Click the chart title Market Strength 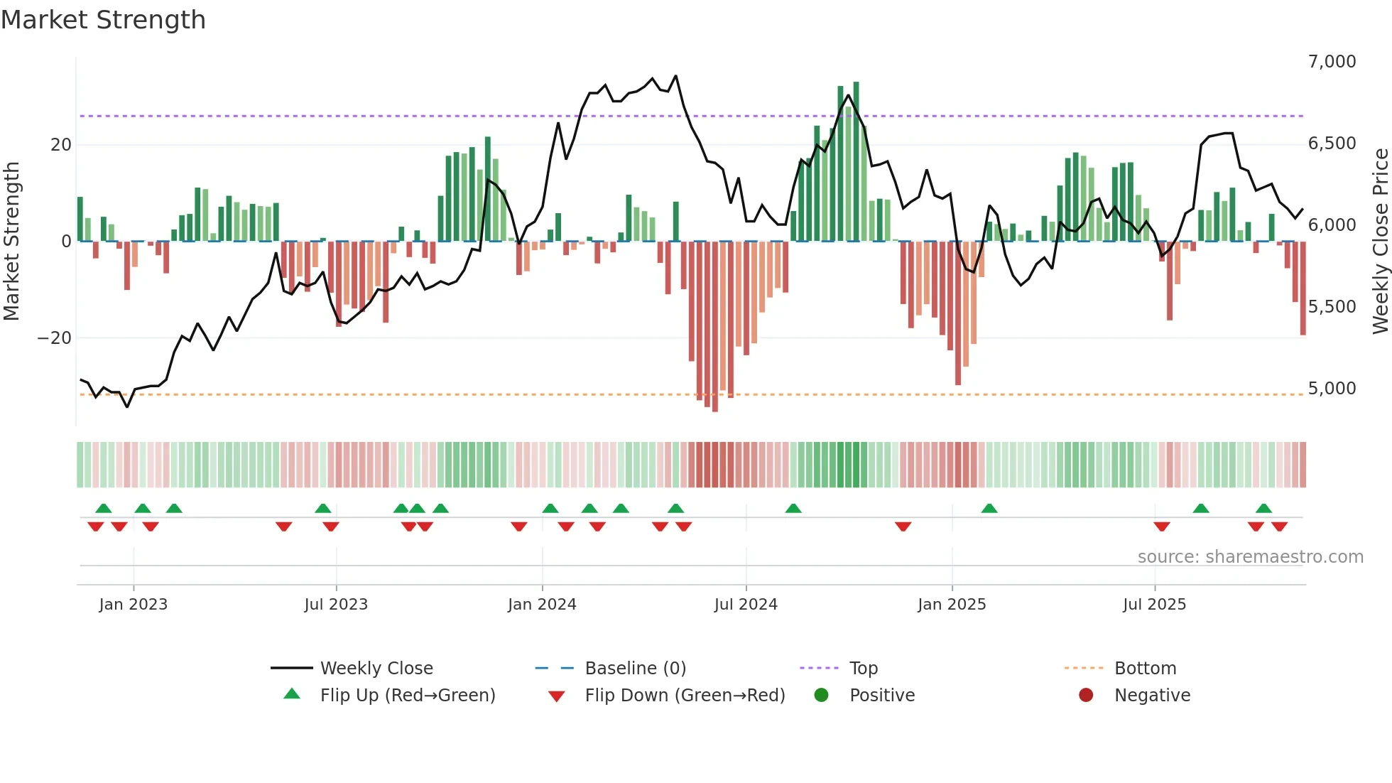103,20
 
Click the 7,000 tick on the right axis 1332,62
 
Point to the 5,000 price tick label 1332,389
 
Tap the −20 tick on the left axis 55,338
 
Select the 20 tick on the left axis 60,145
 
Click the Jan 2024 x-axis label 542,605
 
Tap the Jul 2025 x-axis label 1154,605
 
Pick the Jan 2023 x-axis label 133,605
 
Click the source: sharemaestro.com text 1250,557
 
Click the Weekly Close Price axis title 1380,242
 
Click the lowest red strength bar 715,327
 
